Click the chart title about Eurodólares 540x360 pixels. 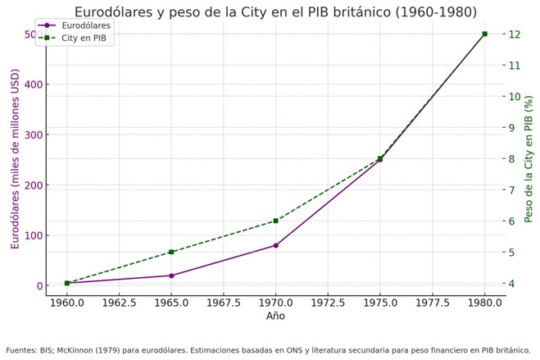(x=275, y=11)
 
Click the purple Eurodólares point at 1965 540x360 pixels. (x=171, y=276)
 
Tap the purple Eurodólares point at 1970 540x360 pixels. (x=275, y=245)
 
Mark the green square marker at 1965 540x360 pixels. (x=171, y=252)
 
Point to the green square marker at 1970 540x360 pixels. (x=275, y=221)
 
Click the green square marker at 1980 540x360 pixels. (x=484, y=34)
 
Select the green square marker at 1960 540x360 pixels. (x=67, y=283)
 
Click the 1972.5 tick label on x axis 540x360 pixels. (x=328, y=303)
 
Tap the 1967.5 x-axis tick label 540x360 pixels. (x=224, y=303)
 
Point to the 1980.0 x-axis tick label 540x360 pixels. (x=484, y=303)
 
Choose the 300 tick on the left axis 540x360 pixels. (x=32, y=134)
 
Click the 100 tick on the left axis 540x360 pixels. (x=32, y=235)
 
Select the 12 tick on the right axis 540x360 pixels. (x=515, y=34)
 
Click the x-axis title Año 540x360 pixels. (x=275, y=316)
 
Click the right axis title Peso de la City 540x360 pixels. (x=529, y=159)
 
